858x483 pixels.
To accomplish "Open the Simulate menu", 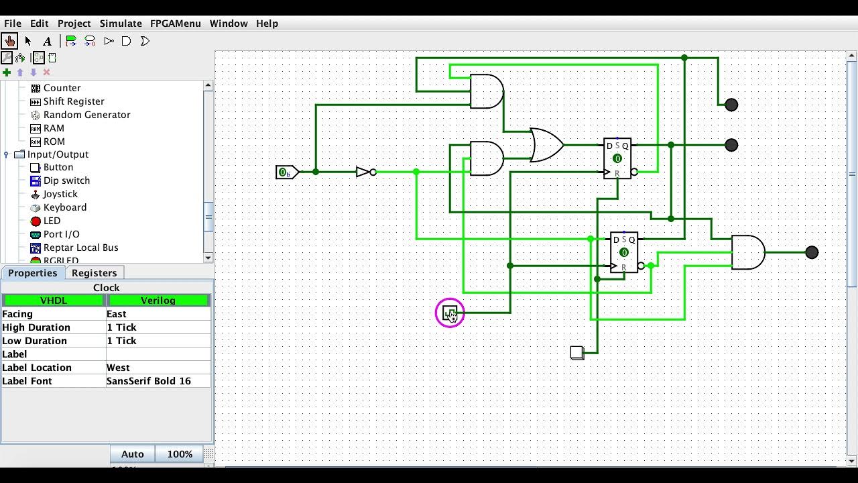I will pyautogui.click(x=121, y=23).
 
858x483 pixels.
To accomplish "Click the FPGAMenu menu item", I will pyautogui.click(x=175, y=23).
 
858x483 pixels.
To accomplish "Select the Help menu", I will pyautogui.click(x=267, y=23).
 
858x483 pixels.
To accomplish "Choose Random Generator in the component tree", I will pyautogui.click(x=86, y=115).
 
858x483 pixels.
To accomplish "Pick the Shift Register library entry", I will pyautogui.click(x=74, y=101).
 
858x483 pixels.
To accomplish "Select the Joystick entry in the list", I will pyautogui.click(x=60, y=194).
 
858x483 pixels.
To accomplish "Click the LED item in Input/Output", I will pyautogui.click(x=52, y=221).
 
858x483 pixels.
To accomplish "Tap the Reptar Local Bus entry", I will pyautogui.click(x=80, y=248).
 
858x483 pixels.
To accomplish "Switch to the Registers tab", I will pyautogui.click(x=94, y=273).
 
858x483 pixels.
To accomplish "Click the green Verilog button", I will pyautogui.click(x=158, y=301).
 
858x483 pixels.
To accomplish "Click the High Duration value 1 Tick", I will pyautogui.click(x=158, y=327).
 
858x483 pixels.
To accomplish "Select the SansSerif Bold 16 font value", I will pyautogui.click(x=158, y=381).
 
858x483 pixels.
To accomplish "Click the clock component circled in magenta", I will pyautogui.click(x=450, y=313).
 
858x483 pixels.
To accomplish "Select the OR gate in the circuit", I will pyautogui.click(x=546, y=145).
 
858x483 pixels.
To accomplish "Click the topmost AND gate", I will pyautogui.click(x=486, y=91).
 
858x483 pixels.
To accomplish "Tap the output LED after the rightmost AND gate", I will pyautogui.click(x=812, y=252).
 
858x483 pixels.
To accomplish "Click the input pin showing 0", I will pyautogui.click(x=286, y=172).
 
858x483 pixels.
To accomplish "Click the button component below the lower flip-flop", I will pyautogui.click(x=576, y=352).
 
